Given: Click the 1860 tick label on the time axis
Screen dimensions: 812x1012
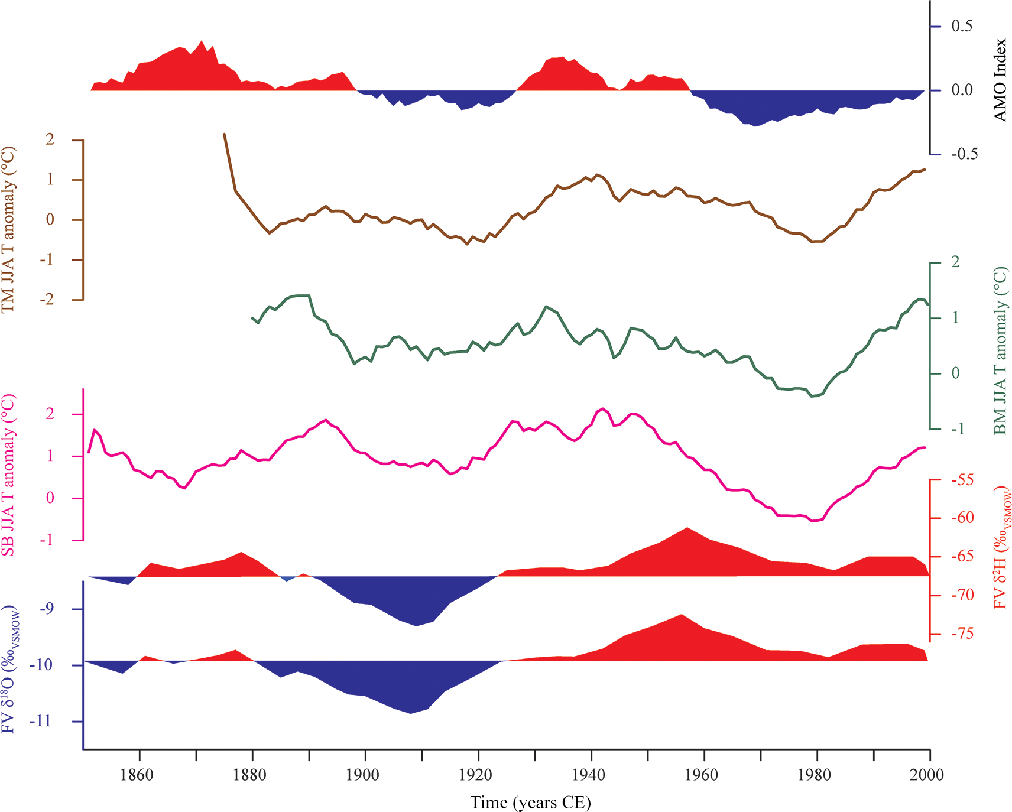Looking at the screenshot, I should (x=137, y=775).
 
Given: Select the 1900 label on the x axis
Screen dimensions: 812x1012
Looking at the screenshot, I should (x=362, y=775).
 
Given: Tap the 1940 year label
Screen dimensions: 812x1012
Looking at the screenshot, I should (x=589, y=775).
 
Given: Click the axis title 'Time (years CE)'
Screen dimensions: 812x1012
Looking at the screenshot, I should (x=530, y=803).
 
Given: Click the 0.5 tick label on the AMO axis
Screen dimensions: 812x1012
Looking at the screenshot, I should (x=962, y=26).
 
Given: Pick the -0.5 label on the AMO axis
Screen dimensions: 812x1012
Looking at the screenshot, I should (x=964, y=154).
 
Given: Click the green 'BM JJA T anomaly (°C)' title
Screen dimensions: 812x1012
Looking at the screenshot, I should (x=1000, y=350).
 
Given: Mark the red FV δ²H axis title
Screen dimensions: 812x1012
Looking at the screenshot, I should (x=1001, y=547).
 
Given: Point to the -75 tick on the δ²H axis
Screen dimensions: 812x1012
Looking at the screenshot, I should (x=962, y=634).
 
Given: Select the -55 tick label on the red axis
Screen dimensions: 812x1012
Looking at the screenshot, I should (x=962, y=480).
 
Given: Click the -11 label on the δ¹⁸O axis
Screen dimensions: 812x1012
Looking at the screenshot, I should (x=53, y=722).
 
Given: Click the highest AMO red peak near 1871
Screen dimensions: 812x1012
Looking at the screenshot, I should (x=202, y=41).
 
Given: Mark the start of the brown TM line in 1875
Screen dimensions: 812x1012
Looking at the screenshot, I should (x=224, y=134).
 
